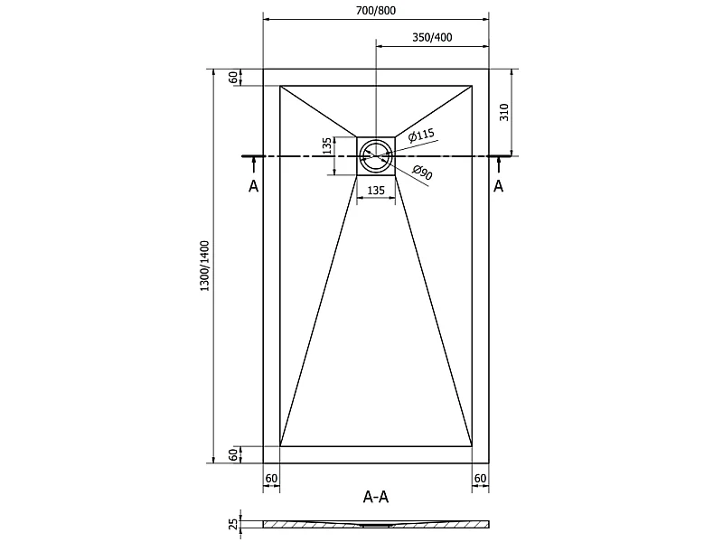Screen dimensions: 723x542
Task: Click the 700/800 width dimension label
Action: (376, 10)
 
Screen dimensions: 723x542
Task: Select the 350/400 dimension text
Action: (432, 37)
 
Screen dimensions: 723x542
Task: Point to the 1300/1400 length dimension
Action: (204, 266)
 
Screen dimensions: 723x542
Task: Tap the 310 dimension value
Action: (504, 112)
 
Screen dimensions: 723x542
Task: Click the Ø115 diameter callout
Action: (421, 135)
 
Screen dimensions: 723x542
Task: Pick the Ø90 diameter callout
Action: (422, 173)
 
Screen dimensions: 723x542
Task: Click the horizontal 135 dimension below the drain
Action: (376, 190)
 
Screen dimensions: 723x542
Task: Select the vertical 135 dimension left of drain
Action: (327, 145)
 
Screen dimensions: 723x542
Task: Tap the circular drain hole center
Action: (376, 155)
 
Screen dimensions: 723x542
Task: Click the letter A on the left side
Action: (254, 186)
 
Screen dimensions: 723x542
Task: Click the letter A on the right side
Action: (499, 186)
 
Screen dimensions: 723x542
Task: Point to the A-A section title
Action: (376, 497)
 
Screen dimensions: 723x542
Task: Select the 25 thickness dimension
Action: (234, 524)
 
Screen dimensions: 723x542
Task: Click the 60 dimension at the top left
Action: (234, 78)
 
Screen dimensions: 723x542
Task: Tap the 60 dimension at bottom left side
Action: (234, 454)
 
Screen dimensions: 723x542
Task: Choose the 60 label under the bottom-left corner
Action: (272, 479)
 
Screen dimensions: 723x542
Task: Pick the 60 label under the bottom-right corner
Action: (480, 479)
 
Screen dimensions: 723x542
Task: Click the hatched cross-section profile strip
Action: (376, 524)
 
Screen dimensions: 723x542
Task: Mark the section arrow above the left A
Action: (254, 165)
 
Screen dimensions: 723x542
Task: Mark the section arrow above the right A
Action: (499, 165)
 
